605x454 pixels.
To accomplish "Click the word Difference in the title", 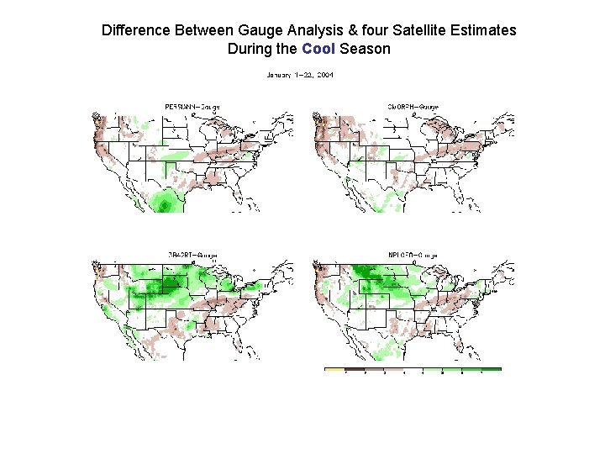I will tap(136, 30).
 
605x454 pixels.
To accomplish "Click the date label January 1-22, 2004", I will tap(300, 75).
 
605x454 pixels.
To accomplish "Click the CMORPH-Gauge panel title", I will tap(413, 106).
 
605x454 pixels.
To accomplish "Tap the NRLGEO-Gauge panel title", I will tap(413, 253).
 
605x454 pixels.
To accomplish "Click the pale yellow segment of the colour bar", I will tap(334, 369).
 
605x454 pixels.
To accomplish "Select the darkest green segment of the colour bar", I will tap(491, 369).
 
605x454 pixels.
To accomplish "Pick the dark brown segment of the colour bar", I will tap(356, 369).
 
